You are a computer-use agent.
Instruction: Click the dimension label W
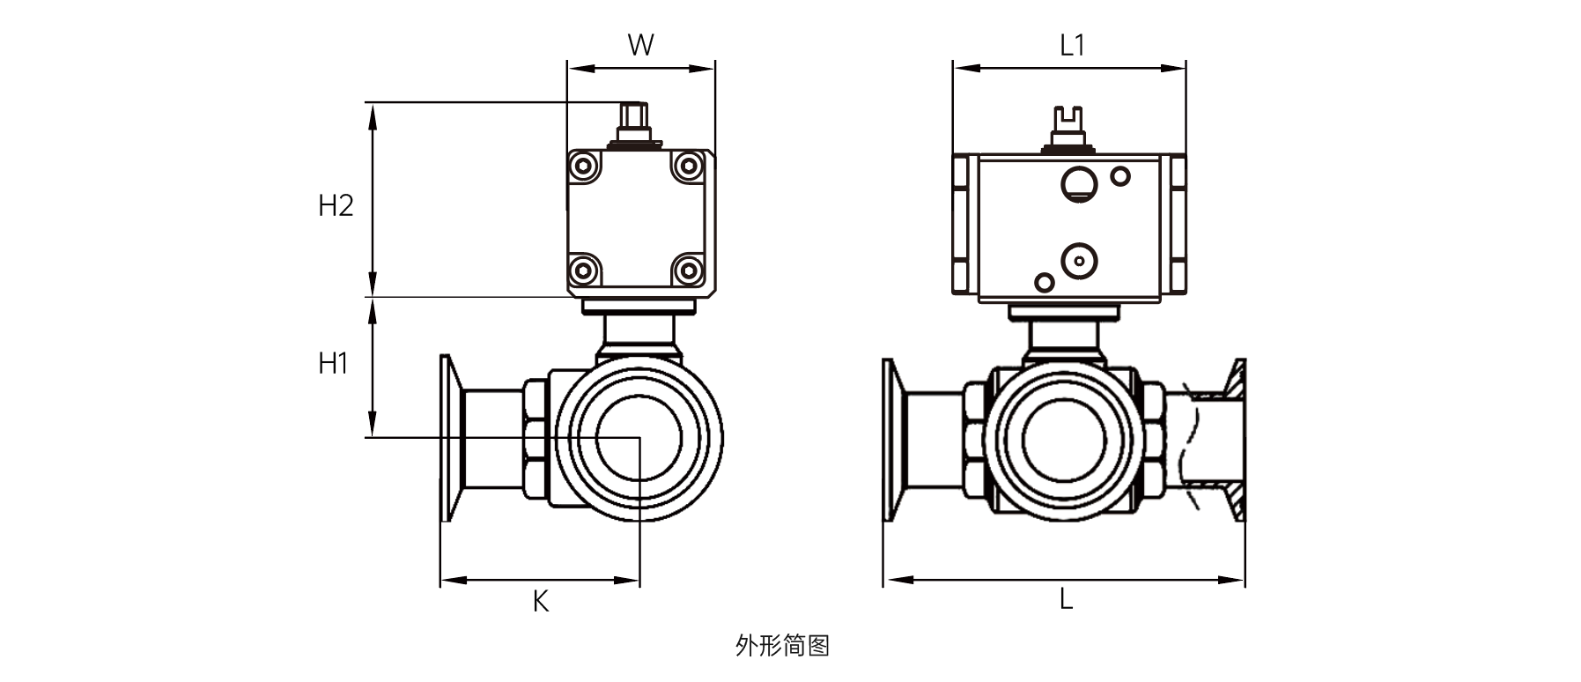[640, 45]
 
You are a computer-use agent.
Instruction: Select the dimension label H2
[336, 206]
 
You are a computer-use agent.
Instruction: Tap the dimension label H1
[334, 363]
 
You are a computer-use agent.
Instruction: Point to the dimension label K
[541, 601]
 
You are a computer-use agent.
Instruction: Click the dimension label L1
[1072, 45]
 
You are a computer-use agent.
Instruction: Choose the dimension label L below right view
[1066, 599]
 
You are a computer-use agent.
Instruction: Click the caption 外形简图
[782, 646]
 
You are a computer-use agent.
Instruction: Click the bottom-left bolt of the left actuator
[582, 269]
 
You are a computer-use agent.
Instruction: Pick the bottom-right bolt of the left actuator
[688, 269]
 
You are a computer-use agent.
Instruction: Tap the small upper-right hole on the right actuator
[1120, 176]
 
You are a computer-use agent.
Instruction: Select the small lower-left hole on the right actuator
[1045, 282]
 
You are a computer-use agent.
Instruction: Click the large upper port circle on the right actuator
[1077, 183]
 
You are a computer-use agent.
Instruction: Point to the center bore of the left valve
[639, 438]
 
